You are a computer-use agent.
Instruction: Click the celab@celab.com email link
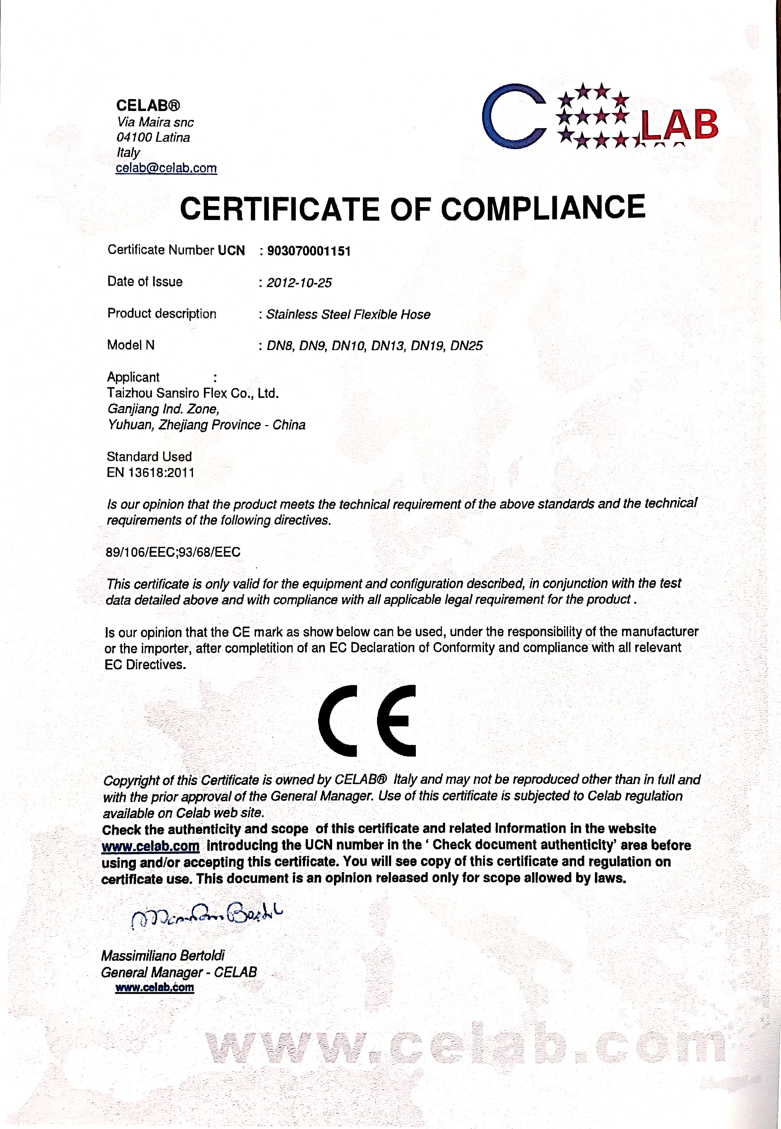coord(166,168)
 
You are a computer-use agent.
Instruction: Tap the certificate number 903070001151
coord(309,251)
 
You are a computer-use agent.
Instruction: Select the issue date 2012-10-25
coord(299,283)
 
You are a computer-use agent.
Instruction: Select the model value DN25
coord(466,346)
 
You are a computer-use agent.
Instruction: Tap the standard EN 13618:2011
coord(150,473)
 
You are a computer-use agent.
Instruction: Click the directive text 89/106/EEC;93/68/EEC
coord(173,552)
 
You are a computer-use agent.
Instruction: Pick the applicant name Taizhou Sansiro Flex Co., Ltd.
coord(193,393)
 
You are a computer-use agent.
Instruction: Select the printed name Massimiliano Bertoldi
coord(163,955)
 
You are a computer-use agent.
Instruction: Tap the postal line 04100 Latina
coord(153,137)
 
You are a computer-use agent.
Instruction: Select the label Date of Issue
coord(145,282)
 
